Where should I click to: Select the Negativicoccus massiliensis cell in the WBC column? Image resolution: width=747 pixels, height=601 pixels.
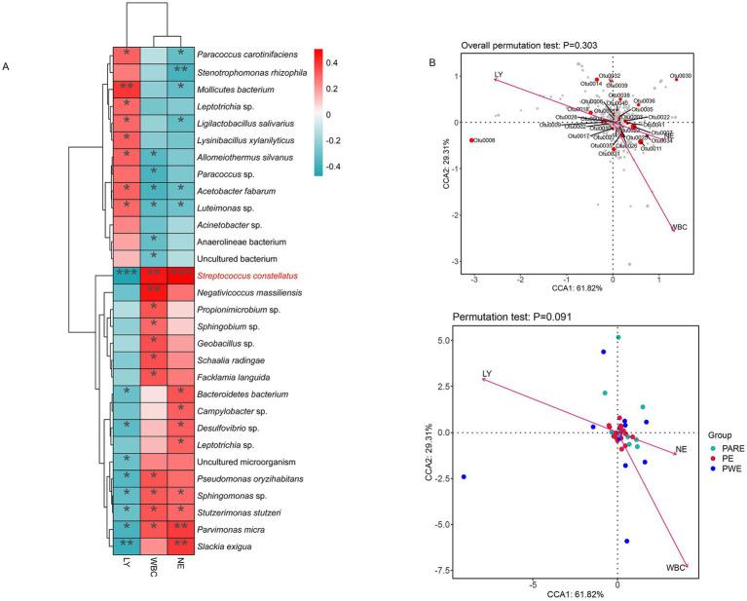point(153,290)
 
